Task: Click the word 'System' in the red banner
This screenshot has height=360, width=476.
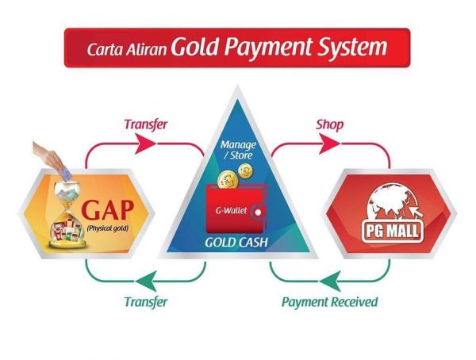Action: coord(352,48)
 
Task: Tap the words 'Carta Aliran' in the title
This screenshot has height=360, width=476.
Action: coord(127,49)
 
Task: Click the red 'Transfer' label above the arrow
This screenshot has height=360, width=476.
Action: coord(146,124)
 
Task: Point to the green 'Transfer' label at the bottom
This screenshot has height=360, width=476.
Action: coord(146,302)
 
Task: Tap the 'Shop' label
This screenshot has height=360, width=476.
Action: coord(330,124)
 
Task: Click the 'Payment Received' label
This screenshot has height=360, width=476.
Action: coord(330,302)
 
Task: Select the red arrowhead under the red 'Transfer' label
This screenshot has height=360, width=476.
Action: coord(145,143)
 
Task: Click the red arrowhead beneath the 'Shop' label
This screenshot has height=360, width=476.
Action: coord(329,143)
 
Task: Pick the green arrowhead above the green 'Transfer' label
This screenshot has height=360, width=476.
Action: coord(147,281)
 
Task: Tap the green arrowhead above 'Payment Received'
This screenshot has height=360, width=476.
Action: coord(330,281)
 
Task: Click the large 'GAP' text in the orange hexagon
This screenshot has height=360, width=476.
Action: coord(107,210)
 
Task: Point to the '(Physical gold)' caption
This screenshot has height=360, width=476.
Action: coord(107,228)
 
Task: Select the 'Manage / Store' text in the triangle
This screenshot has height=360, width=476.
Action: coord(238,150)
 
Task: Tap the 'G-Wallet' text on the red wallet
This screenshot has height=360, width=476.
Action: coord(231,210)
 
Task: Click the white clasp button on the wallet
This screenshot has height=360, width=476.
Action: coord(258,213)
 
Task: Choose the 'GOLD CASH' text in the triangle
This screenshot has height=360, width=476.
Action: coord(236,243)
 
